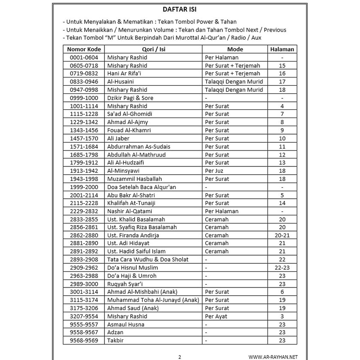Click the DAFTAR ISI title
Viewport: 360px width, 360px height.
point(180,9)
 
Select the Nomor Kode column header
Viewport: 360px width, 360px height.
point(84,49)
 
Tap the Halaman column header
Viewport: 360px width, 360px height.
point(282,49)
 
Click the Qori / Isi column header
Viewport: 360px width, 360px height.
point(154,49)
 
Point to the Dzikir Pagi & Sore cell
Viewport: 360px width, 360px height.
point(130,98)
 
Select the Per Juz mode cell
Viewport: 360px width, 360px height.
point(214,171)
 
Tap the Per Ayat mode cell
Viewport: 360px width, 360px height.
point(216,316)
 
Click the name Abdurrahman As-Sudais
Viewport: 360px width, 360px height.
point(139,147)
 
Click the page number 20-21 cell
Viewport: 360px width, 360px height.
point(282,236)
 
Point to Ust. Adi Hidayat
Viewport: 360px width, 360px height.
point(128,243)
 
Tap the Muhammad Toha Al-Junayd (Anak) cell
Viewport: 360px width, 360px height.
point(153,300)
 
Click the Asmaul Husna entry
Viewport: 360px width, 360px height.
point(126,324)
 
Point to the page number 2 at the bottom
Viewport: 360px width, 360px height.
point(180,357)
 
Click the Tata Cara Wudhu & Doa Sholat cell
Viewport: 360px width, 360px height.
point(148,259)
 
